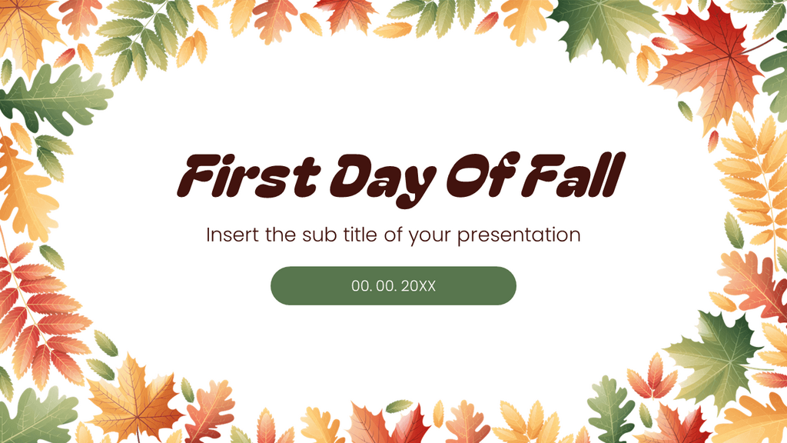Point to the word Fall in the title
pyautogui.click(x=572, y=175)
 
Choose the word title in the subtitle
pyautogui.click(x=360, y=235)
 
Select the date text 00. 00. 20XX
pyautogui.click(x=393, y=286)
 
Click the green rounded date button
pyautogui.click(x=393, y=286)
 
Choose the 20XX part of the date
pyautogui.click(x=419, y=286)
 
